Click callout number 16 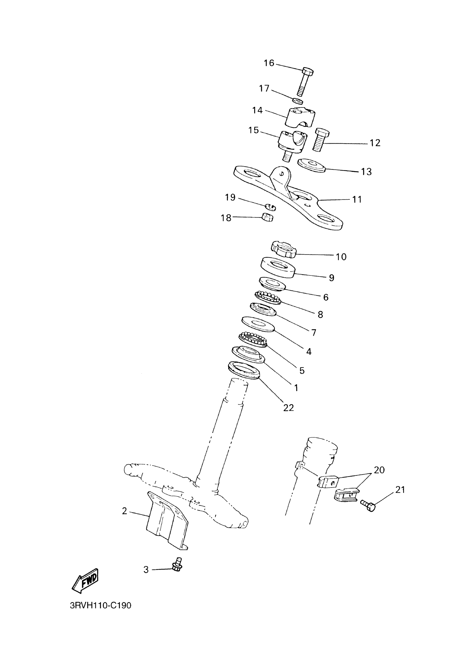coord(269,63)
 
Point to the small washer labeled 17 coord(298,101)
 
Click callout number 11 coord(357,199)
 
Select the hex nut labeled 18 coord(267,217)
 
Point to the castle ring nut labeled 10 coord(283,249)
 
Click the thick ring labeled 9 coord(277,267)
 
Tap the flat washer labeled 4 coord(258,324)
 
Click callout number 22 coord(288,408)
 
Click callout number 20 coord(379,470)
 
